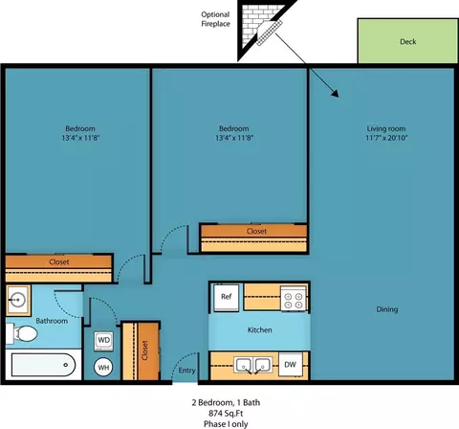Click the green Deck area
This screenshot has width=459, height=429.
[407, 41]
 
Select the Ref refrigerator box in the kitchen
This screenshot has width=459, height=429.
[227, 297]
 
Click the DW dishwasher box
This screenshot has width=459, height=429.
[290, 364]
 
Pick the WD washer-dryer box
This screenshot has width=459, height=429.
[104, 340]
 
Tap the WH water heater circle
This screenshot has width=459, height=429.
[104, 366]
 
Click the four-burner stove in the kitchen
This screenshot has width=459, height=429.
[292, 297]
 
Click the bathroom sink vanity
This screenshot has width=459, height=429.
[18, 300]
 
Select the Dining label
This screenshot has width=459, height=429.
[386, 309]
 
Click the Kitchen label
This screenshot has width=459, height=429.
[259, 330]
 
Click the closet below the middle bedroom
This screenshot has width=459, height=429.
[255, 232]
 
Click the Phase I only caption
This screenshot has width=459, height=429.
[229, 422]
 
